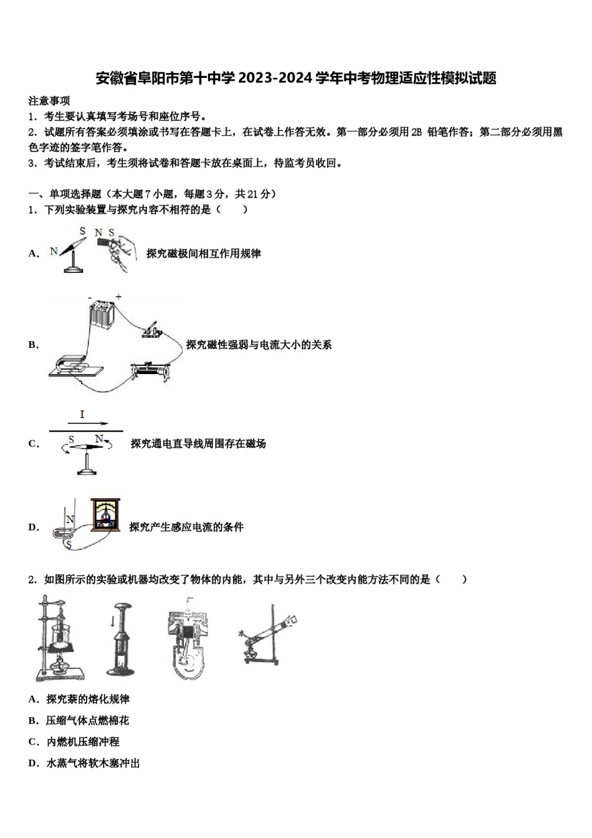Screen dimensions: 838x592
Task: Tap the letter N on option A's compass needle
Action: tap(54, 251)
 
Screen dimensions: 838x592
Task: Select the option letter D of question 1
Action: tap(33, 527)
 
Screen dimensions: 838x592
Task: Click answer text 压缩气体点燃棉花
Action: tap(87, 721)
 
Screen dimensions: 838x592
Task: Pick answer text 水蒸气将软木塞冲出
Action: tap(93, 763)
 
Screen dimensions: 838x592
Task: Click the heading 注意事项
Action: tap(49, 101)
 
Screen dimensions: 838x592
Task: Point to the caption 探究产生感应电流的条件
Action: tap(186, 527)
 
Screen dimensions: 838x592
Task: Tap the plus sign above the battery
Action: tap(118, 297)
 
